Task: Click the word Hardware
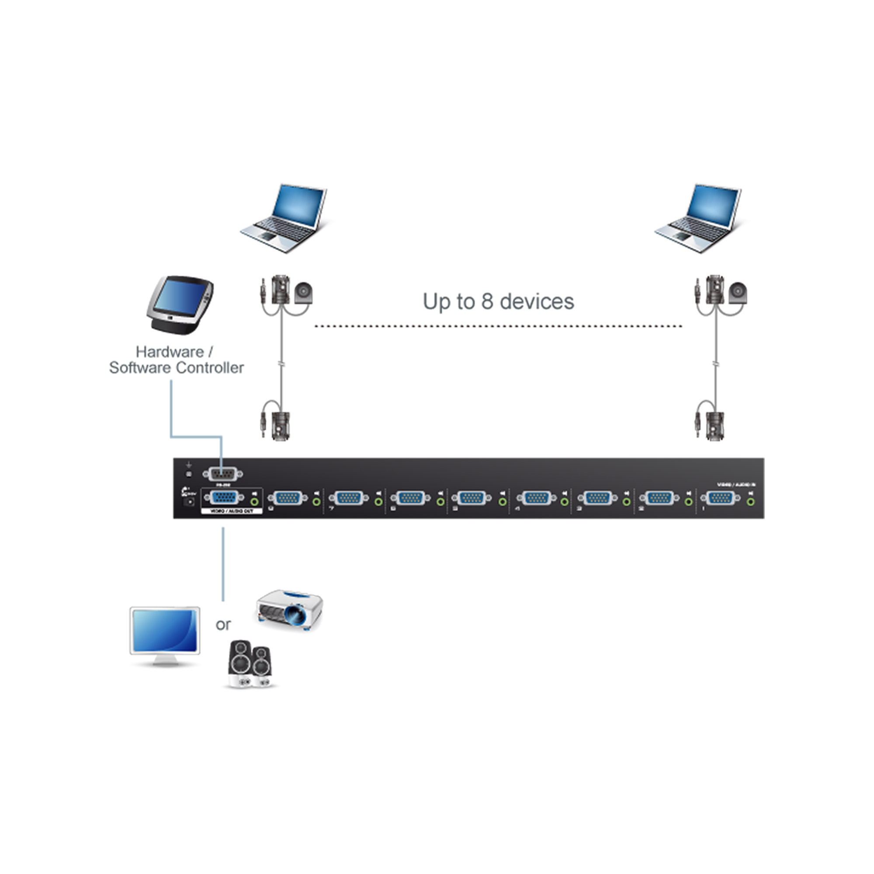(170, 351)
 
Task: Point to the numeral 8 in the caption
(487, 301)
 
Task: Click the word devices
(537, 301)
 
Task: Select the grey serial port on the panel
(222, 474)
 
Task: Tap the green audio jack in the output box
(255, 502)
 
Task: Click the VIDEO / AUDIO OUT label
(232, 511)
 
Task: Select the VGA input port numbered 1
(720, 498)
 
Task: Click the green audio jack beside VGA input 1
(751, 502)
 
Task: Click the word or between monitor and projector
(223, 625)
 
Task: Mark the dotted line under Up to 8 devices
(498, 326)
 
